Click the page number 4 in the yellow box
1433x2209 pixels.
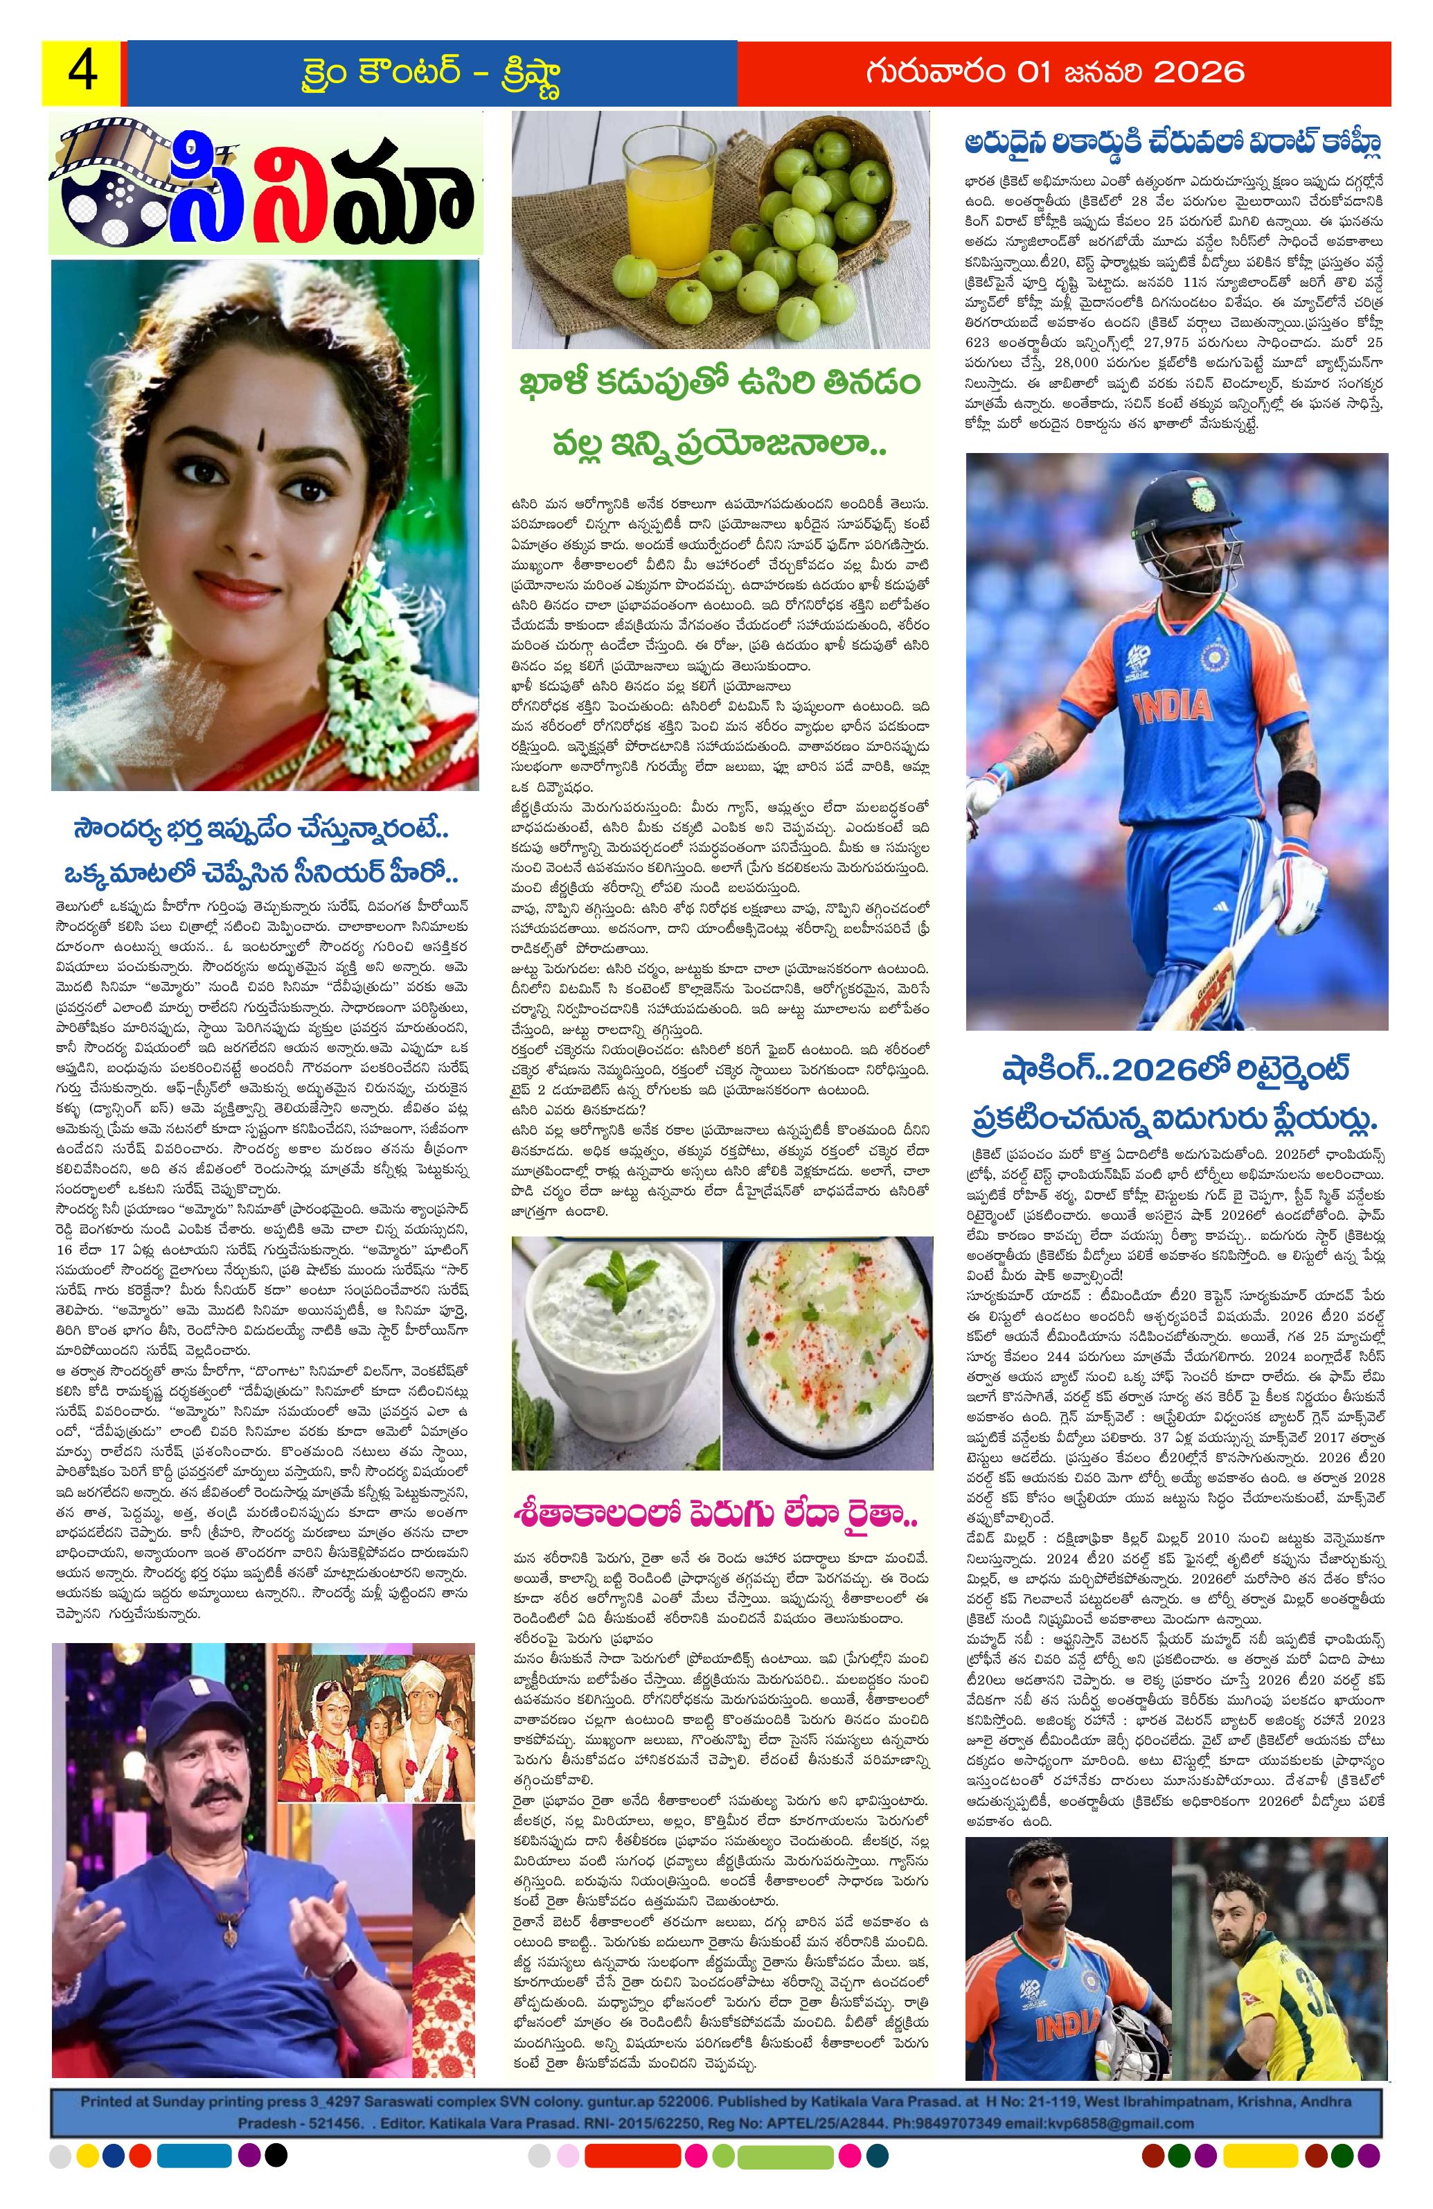[x=82, y=73]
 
